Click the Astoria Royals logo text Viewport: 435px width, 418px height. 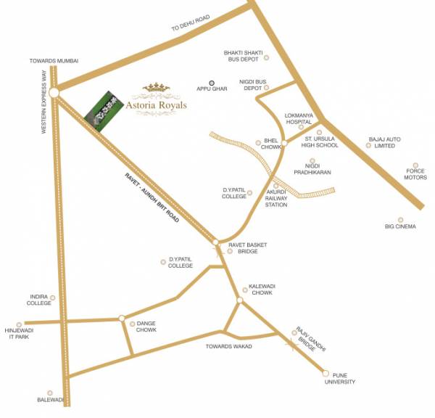157,104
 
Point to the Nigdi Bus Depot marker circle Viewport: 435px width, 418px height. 267,88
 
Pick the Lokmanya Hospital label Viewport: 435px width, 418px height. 298,119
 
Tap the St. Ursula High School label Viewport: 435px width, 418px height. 321,142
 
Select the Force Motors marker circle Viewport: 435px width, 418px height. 415,165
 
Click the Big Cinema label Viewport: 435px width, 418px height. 400,226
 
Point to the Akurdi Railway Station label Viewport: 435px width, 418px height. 276,199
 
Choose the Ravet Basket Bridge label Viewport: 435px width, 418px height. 247,248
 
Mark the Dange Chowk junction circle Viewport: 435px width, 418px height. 122,318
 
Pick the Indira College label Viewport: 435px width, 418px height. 40,300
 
